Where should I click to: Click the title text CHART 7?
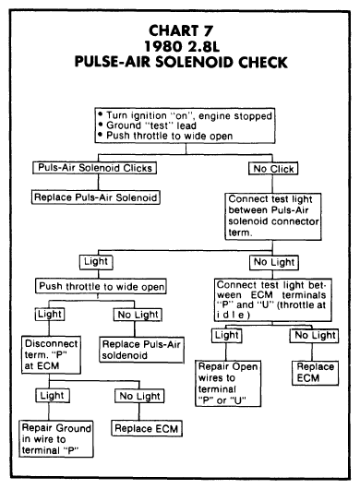181,30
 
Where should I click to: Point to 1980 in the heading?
163,46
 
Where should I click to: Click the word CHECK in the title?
263,62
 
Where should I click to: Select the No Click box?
273,169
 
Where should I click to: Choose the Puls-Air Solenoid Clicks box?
94,168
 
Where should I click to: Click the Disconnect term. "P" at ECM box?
51,355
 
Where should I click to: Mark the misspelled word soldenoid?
125,355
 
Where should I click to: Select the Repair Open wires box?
228,384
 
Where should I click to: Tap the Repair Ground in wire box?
56,439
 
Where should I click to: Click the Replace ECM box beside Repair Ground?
147,428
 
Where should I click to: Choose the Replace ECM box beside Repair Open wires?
315,373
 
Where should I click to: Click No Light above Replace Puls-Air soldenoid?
138,315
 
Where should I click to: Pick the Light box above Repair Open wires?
227,336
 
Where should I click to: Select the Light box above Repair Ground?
53,396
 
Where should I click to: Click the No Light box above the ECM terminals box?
274,263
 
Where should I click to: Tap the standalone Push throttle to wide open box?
101,286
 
